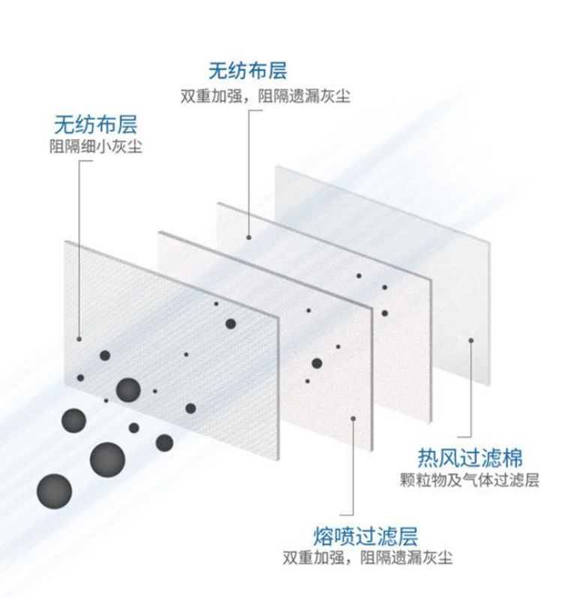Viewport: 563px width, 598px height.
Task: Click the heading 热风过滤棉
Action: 469,456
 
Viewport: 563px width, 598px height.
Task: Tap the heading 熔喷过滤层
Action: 366,536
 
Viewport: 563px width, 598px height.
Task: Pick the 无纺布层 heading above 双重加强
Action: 248,73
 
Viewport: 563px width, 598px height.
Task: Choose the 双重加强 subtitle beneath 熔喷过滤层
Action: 367,558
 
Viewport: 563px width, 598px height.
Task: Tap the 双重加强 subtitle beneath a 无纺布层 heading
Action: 265,97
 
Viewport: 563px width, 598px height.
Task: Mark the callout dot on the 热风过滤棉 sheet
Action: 471,340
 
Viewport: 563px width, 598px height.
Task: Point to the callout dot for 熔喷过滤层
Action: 354,420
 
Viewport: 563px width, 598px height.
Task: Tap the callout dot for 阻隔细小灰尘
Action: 80,338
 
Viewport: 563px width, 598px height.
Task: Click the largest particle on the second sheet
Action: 317,363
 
